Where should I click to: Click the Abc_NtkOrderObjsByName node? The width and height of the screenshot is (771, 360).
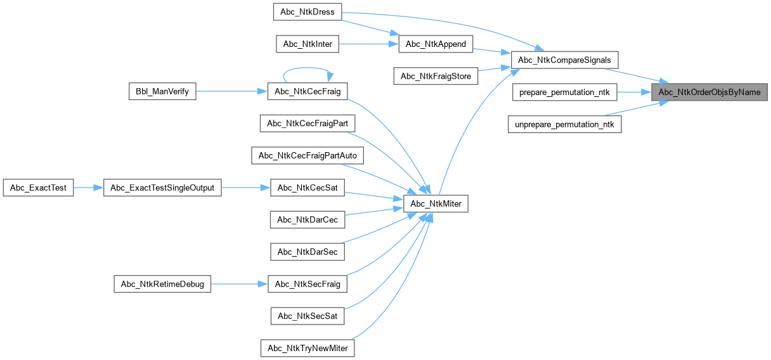point(709,92)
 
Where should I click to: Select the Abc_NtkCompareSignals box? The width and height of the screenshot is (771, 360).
point(564,60)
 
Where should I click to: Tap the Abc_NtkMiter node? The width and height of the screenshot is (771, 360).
point(436,203)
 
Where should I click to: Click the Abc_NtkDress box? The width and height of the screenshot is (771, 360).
point(307,12)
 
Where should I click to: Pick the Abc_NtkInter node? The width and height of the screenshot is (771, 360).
point(308,44)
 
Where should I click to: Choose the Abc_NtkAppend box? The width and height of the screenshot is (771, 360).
point(436,44)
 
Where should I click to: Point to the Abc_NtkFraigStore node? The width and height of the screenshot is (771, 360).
point(436,76)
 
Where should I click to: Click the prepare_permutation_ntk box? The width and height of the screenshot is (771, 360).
point(564,93)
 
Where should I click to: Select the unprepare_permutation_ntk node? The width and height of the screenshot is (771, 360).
point(564,124)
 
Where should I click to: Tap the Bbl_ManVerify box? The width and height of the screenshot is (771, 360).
point(162,91)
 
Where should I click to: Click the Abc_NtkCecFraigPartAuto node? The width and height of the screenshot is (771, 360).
point(308,155)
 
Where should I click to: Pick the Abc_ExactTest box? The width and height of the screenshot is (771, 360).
point(39,188)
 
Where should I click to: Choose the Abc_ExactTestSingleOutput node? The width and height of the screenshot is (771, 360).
point(162,188)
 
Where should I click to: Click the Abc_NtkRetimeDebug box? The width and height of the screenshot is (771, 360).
point(162,284)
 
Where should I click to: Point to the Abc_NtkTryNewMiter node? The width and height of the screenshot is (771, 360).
point(308,348)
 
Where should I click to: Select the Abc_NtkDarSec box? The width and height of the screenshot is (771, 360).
point(308,252)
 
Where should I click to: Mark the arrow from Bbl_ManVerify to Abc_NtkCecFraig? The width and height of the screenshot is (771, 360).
point(231,91)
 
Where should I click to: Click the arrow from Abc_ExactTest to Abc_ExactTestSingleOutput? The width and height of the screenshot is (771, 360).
point(89,188)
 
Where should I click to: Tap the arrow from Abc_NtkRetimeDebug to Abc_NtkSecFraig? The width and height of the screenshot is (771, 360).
point(239,284)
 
